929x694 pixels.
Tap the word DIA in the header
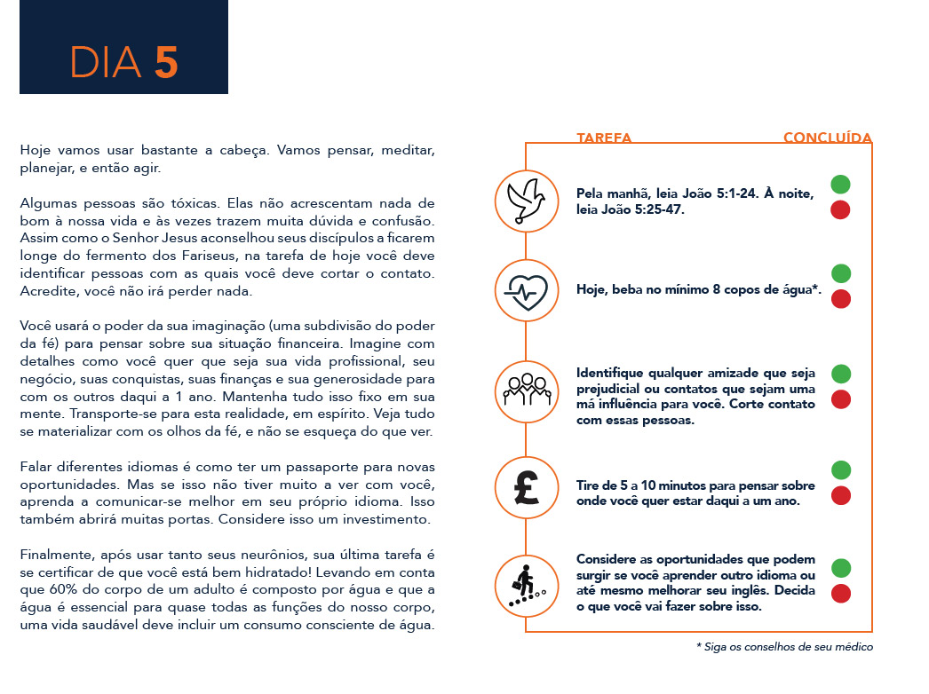pos(106,61)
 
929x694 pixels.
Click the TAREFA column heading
pos(604,138)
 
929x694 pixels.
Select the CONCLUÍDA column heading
pos(827,138)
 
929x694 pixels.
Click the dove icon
pos(526,196)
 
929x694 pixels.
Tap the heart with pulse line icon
pos(526,289)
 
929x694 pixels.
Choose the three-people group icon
pos(526,390)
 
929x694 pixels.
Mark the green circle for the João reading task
pos(840,185)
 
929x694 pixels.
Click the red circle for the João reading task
pos(840,210)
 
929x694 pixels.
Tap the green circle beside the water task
pos(840,273)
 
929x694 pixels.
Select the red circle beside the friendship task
pos(840,399)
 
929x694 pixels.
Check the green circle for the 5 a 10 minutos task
pos(840,469)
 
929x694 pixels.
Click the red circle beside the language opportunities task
pos(840,593)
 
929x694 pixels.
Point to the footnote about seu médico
pos(784,647)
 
